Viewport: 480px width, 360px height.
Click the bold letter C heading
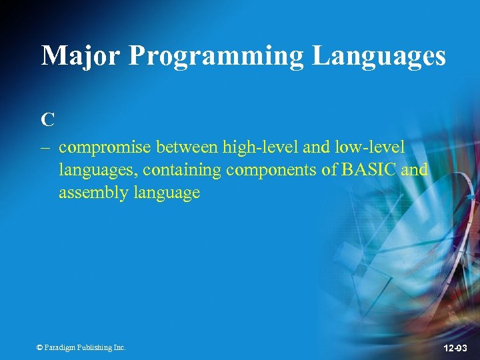47,120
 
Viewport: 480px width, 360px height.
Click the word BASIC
369,169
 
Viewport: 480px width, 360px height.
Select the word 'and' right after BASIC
415,169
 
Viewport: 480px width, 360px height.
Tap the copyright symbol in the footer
39,347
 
